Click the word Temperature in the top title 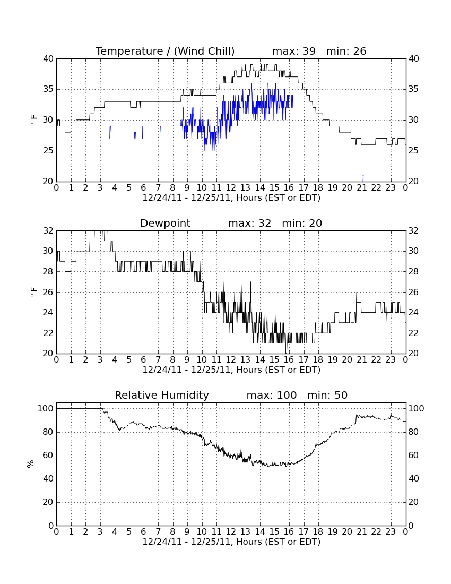click(x=129, y=51)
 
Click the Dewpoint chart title click(x=165, y=224)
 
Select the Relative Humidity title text click(x=162, y=395)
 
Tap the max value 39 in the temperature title click(x=309, y=51)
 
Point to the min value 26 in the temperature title click(x=360, y=51)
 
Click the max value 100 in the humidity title click(x=287, y=395)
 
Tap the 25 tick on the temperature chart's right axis click(x=414, y=150)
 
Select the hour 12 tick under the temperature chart click(x=231, y=188)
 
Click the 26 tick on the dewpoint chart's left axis click(x=49, y=293)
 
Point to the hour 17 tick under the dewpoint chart click(x=303, y=360)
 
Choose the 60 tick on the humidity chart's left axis click(x=49, y=455)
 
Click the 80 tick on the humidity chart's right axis click(x=414, y=432)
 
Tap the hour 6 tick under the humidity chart click(x=144, y=532)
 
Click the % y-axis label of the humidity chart click(x=31, y=464)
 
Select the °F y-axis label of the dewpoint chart click(x=33, y=292)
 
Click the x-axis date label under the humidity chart click(x=231, y=542)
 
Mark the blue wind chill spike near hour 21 click(x=363, y=178)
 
